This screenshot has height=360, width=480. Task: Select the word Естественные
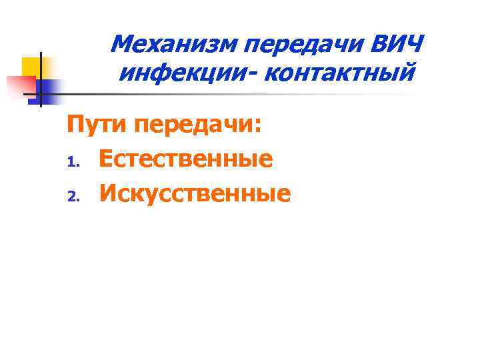(186, 159)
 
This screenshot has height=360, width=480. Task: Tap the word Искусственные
(195, 193)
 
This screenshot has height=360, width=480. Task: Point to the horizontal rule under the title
(233, 94)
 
